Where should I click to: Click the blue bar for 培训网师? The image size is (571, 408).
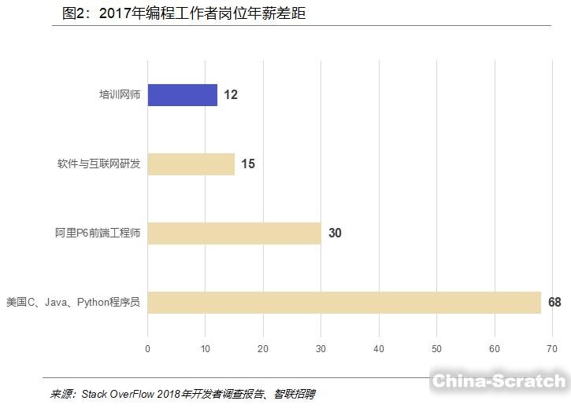coord(182,95)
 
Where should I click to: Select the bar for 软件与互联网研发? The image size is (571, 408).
coord(191,164)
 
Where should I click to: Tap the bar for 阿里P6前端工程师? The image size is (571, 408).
coord(234,233)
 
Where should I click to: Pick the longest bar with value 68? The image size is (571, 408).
coord(344,303)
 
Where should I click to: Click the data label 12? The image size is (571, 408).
coord(231,95)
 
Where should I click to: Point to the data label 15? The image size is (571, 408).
coord(248,164)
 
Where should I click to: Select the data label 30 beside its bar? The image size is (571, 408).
coord(335,233)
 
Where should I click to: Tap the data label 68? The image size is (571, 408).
coord(554,303)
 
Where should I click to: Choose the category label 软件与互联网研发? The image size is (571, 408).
coord(98,164)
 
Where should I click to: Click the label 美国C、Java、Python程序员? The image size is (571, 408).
coord(72,303)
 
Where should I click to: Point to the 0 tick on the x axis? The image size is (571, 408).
coord(147,349)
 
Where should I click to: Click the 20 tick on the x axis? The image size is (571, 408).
coord(263,349)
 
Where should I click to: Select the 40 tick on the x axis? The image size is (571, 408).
coord(379,349)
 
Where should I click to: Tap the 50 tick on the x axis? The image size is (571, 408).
coord(436,349)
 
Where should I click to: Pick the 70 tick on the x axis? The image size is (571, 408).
coord(552,349)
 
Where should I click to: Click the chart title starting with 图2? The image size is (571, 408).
coord(184,14)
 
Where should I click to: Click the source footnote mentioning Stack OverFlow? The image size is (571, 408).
coord(183,394)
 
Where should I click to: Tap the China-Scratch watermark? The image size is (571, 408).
coord(499,381)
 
